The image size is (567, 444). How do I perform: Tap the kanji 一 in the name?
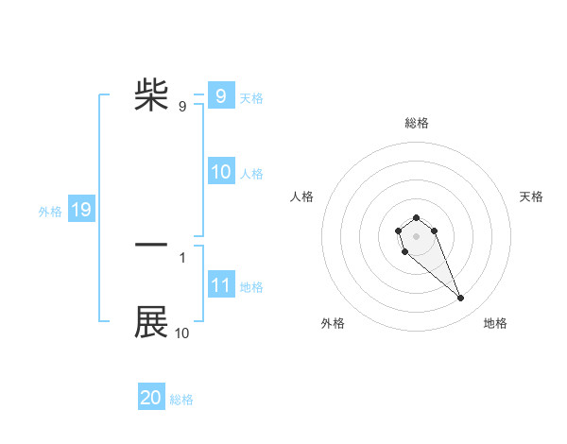[151, 245]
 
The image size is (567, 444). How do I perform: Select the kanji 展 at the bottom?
[151, 322]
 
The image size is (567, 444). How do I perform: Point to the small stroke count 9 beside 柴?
[182, 107]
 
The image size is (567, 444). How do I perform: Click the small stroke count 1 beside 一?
[182, 257]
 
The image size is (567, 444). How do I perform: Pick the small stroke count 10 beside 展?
[182, 333]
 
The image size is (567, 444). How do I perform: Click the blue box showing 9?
[220, 96]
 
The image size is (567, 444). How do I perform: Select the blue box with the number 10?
[220, 172]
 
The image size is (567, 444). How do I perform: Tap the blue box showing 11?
[220, 285]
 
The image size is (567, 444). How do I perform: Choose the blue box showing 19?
[81, 210]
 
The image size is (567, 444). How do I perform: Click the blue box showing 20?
[151, 398]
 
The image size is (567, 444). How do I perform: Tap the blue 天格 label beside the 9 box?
[251, 97]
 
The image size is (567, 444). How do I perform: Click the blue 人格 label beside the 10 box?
[251, 174]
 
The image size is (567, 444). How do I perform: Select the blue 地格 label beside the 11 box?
[251, 287]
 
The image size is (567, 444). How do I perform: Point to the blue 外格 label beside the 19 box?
[50, 212]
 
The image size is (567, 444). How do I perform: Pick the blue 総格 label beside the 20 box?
[181, 400]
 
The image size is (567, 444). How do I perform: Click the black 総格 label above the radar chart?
[417, 123]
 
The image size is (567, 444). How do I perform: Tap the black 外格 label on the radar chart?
[333, 323]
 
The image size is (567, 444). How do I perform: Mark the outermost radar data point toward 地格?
[461, 299]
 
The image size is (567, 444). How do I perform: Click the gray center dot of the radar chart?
[417, 235]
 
